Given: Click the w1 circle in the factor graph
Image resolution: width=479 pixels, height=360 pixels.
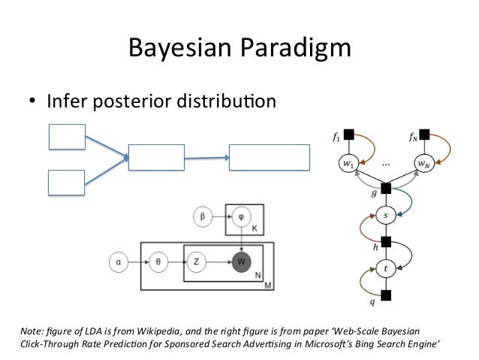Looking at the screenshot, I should point(346,162).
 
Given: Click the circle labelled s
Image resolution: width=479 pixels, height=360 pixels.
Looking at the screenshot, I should point(387,215).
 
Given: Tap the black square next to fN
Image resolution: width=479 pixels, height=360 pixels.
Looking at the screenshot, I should point(424,135).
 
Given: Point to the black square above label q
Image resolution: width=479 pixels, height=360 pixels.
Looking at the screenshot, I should point(386,293).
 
